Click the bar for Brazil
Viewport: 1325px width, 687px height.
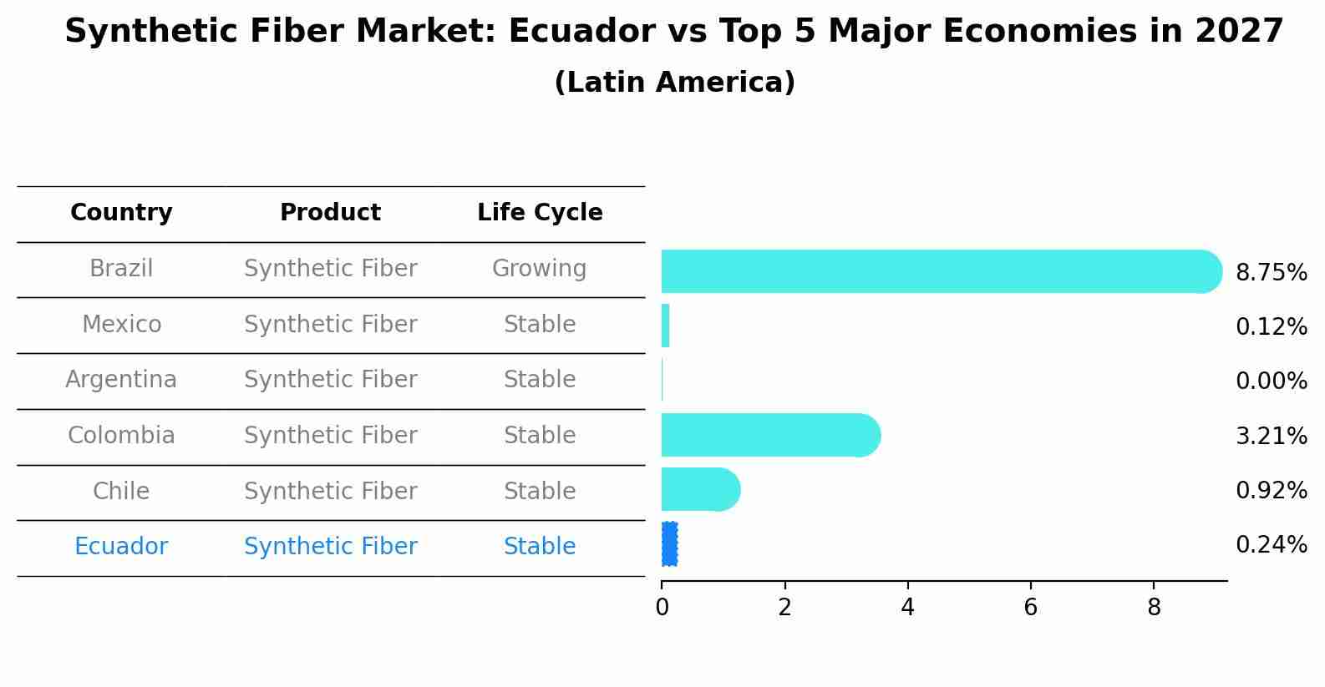[942, 271]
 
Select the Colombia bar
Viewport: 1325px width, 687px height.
[771, 435]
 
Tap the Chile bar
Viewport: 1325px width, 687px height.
[701, 489]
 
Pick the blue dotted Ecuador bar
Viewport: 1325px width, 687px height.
[669, 544]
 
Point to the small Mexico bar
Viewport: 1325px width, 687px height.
[666, 326]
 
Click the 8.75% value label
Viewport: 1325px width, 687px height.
[1272, 273]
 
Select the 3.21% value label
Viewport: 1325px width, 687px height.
[1272, 437]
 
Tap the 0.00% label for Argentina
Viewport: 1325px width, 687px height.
[1272, 381]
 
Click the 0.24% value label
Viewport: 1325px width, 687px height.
[1272, 544]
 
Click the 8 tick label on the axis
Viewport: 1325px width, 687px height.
[1154, 607]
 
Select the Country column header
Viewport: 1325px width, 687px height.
[121, 212]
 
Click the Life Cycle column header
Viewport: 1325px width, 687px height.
[540, 212]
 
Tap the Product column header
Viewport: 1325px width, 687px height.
[330, 212]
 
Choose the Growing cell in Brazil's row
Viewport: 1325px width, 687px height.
[540, 269]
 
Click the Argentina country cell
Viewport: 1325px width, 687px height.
[121, 380]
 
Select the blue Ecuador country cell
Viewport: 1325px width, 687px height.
[121, 546]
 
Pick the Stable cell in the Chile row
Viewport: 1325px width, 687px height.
[540, 491]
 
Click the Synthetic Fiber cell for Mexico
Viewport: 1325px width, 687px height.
[331, 324]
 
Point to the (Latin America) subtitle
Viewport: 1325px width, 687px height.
[675, 82]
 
